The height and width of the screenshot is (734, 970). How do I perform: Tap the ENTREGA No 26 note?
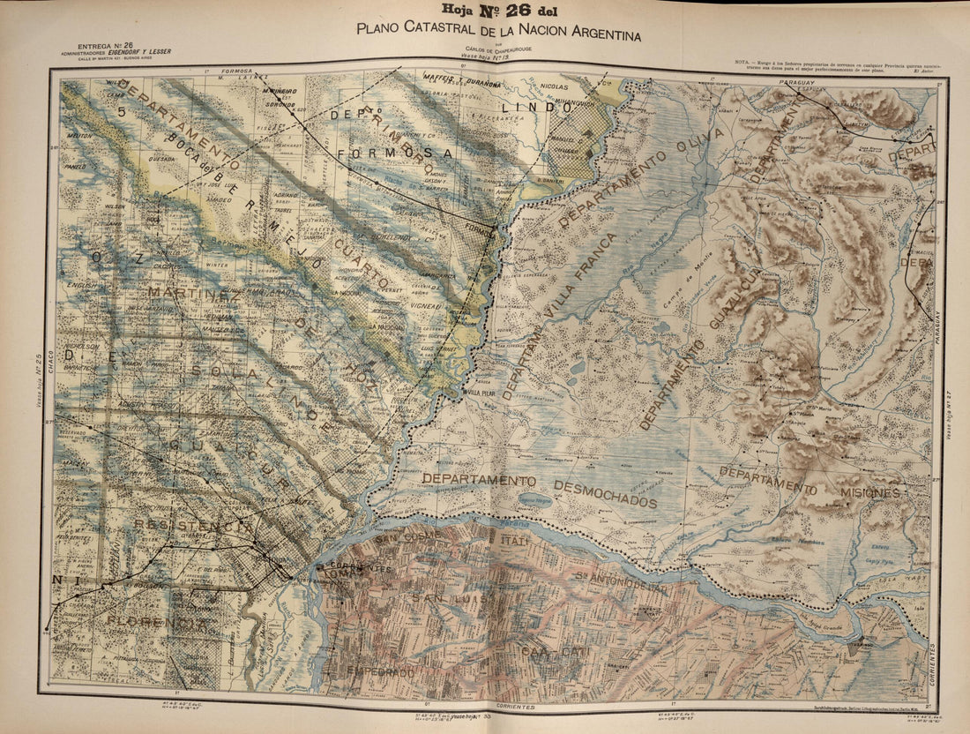click(x=105, y=44)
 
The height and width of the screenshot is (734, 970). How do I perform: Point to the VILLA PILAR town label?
click(x=483, y=393)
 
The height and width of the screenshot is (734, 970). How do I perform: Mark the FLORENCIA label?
click(x=159, y=622)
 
